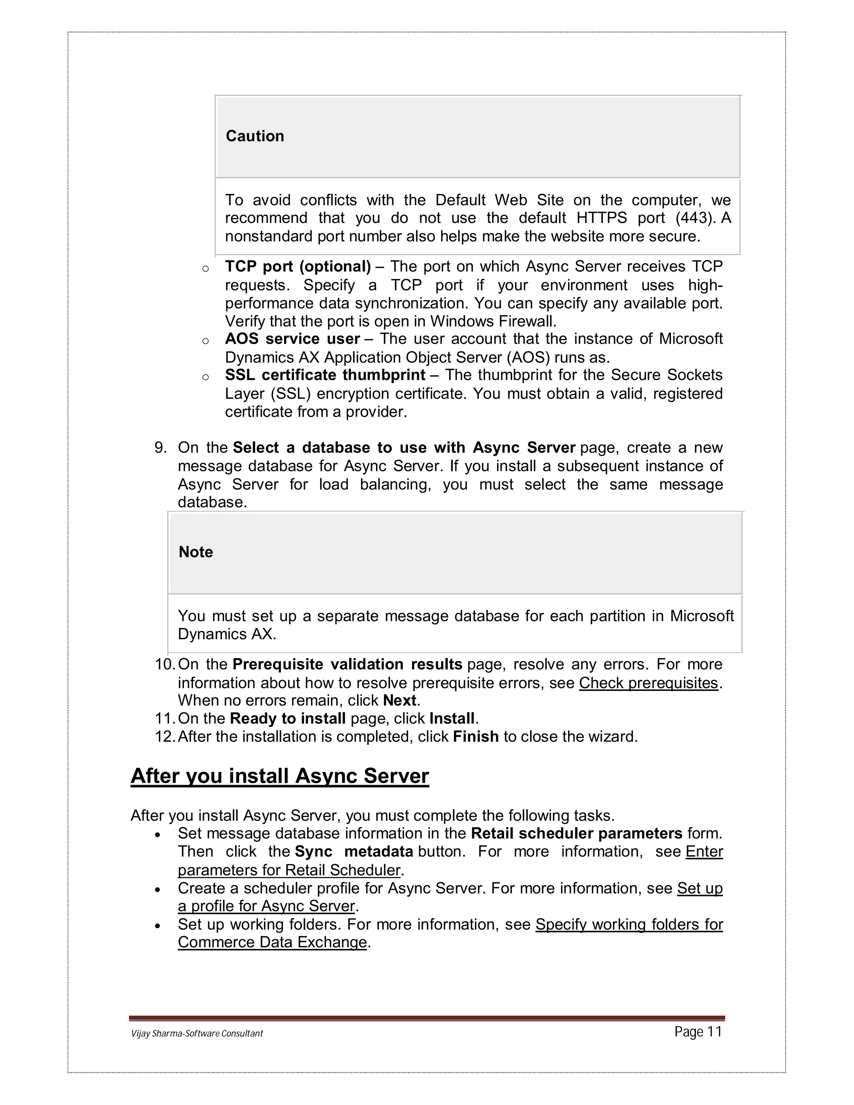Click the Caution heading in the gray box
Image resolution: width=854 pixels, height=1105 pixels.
click(254, 136)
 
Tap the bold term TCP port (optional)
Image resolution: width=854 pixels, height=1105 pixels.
click(297, 266)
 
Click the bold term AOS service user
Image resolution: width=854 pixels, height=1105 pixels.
click(292, 339)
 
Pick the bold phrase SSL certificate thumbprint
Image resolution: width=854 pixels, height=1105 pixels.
click(325, 375)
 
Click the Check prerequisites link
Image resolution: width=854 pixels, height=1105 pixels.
click(648, 683)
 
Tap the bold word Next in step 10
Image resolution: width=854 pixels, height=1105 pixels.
click(399, 701)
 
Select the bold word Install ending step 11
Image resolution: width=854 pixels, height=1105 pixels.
click(452, 718)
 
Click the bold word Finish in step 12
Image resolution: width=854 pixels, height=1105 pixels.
click(475, 737)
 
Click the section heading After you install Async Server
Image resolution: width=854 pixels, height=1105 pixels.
click(280, 776)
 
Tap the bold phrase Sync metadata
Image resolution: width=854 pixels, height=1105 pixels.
click(354, 851)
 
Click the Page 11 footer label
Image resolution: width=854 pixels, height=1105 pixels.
click(698, 1032)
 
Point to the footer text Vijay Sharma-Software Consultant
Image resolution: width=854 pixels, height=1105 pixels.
click(197, 1034)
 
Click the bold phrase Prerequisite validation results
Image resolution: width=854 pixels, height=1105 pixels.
click(347, 664)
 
